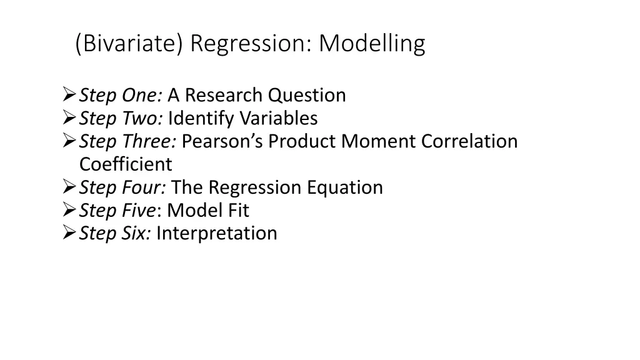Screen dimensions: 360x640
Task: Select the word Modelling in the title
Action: point(372,44)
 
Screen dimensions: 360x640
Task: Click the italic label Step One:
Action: point(121,95)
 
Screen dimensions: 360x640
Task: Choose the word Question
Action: point(307,95)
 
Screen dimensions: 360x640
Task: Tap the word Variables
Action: point(279,118)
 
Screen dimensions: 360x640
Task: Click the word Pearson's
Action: point(222,141)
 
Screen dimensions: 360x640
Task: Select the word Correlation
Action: point(469,141)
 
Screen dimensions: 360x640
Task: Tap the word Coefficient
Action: point(125,164)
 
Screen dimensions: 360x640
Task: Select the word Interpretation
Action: point(216,233)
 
